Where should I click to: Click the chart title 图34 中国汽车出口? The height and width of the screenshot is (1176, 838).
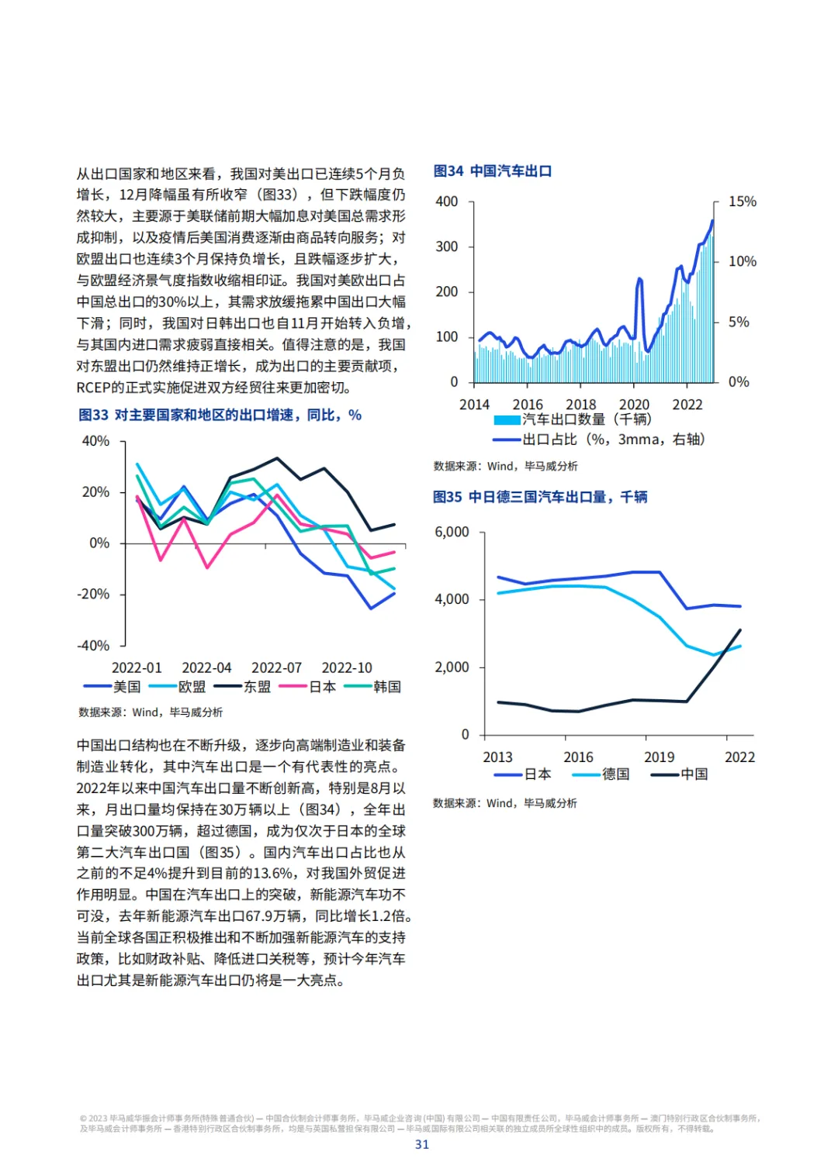493,171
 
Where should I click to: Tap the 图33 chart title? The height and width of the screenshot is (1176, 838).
220,416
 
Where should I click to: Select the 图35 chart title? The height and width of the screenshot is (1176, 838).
540,497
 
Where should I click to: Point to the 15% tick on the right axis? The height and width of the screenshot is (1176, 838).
742,202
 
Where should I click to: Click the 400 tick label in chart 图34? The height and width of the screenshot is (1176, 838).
447,202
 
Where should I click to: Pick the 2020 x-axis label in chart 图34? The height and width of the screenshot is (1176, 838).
634,405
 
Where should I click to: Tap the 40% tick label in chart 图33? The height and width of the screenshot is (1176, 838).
95,441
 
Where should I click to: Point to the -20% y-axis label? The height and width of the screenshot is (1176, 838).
93,594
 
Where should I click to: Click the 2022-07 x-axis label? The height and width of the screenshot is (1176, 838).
276,667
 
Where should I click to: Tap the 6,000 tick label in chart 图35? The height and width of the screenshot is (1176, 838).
452,532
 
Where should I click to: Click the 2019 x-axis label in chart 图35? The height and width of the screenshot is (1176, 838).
659,757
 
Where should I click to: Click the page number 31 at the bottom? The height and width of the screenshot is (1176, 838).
422,1144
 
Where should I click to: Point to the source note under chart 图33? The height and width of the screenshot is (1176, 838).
151,712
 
